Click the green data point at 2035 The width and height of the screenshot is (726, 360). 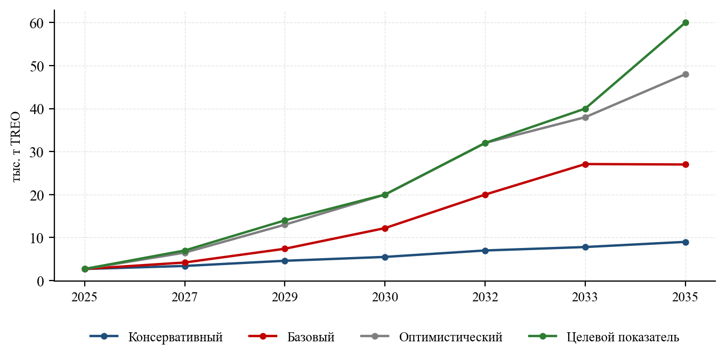pyautogui.click(x=685, y=23)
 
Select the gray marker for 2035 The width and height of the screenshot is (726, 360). pyautogui.click(x=685, y=74)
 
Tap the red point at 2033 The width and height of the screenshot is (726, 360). pyautogui.click(x=585, y=164)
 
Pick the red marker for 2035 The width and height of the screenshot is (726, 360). pyautogui.click(x=685, y=164)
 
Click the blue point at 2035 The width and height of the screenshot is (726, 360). pyautogui.click(x=685, y=242)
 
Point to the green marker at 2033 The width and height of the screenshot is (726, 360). pyautogui.click(x=585, y=109)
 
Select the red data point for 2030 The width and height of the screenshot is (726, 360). pyautogui.click(x=385, y=228)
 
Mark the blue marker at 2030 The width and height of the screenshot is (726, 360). pyautogui.click(x=385, y=257)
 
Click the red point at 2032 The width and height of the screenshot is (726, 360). pyautogui.click(x=485, y=195)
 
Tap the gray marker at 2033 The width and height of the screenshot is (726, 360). pyautogui.click(x=585, y=117)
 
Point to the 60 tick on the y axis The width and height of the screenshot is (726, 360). pyautogui.click(x=36, y=23)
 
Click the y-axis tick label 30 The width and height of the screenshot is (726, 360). pyautogui.click(x=36, y=152)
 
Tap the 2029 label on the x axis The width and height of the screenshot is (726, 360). pyautogui.click(x=285, y=297)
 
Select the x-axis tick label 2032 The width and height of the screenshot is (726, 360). pyautogui.click(x=485, y=297)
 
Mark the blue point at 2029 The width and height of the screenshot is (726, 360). pyautogui.click(x=285, y=261)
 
